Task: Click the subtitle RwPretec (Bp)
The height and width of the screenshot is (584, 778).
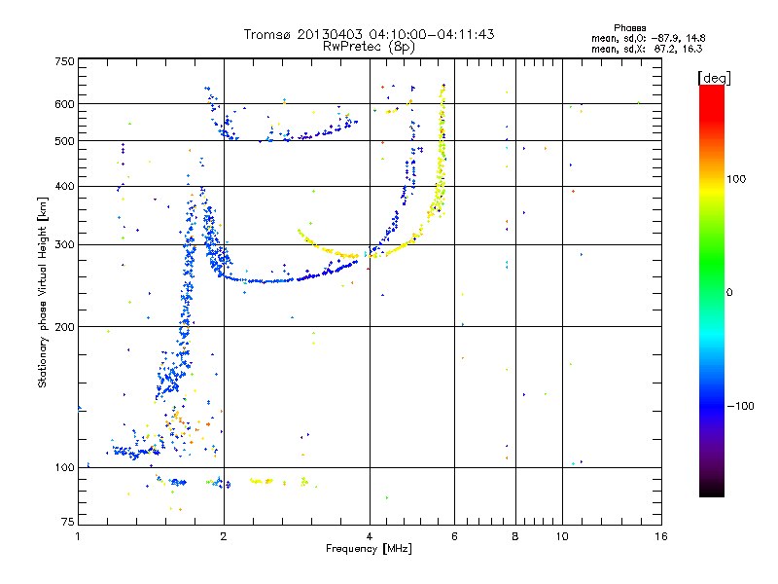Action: (369, 46)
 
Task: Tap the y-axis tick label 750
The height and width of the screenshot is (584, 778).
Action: (63, 60)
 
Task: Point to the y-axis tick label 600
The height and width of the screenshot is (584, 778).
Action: (63, 104)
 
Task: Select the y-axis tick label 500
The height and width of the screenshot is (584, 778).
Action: (63, 141)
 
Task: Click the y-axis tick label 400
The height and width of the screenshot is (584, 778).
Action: (63, 186)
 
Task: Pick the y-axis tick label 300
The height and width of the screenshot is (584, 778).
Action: (63, 244)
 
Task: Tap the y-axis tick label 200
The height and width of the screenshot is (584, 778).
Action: (63, 327)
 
